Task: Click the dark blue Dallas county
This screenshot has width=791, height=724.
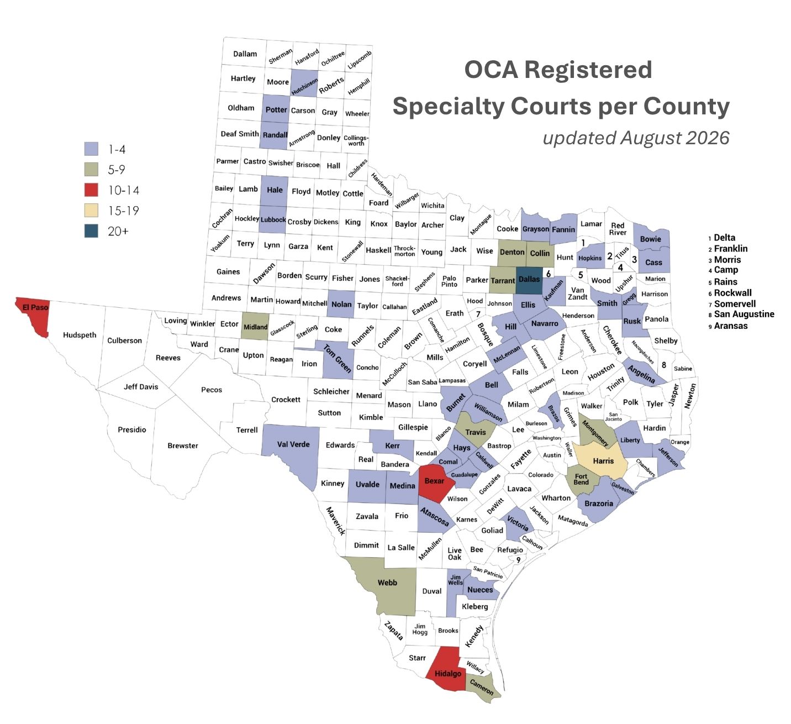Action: pyautogui.click(x=529, y=280)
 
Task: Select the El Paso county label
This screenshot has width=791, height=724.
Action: pyautogui.click(x=35, y=307)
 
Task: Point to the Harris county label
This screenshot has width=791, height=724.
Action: pyautogui.click(x=603, y=461)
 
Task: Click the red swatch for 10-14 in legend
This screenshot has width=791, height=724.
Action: pyautogui.click(x=91, y=190)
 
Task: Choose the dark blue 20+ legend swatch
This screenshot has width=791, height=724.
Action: pyautogui.click(x=91, y=231)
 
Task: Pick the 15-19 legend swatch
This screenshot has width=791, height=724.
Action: pyautogui.click(x=91, y=211)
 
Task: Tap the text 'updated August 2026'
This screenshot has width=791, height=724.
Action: pyautogui.click(x=636, y=138)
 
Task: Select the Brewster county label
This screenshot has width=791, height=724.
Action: pyautogui.click(x=183, y=445)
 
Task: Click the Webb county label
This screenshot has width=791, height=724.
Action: pyautogui.click(x=387, y=583)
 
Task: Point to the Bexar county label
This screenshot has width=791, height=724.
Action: pyautogui.click(x=434, y=481)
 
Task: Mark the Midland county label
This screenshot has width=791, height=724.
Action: pyautogui.click(x=256, y=327)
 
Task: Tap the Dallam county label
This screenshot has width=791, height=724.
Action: pyautogui.click(x=245, y=54)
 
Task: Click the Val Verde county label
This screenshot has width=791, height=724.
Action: pyautogui.click(x=293, y=444)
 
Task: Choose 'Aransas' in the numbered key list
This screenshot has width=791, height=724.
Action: pyautogui.click(x=731, y=326)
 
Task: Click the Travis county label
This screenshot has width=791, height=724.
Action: pyautogui.click(x=476, y=432)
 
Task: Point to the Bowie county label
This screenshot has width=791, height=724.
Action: pyautogui.click(x=650, y=239)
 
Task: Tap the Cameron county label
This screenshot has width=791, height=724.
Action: pyautogui.click(x=482, y=687)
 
